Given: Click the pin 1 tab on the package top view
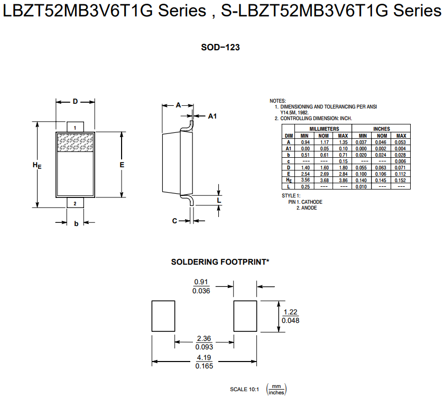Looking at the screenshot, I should tap(75, 128).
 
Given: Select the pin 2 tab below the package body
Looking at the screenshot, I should tap(75, 203).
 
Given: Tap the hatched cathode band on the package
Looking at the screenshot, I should tap(75, 142).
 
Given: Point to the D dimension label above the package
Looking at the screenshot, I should tap(76, 101).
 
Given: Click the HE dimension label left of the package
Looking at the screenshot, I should tap(37, 166).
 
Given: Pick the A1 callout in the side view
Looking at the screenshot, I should tap(212, 115).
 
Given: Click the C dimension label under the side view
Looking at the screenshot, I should tap(174, 221).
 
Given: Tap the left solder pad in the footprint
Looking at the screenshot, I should tap(163, 316).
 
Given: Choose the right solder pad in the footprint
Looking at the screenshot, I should tap(246, 316).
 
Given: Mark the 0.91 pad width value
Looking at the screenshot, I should tap(201, 282).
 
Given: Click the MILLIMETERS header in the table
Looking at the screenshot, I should tap(325, 129).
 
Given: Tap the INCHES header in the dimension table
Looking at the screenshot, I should tap(381, 129).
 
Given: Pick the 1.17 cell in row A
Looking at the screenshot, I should tap(324, 142).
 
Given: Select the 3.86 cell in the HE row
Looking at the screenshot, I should tap(343, 180).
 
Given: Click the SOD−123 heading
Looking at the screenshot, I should tap(220, 48).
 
